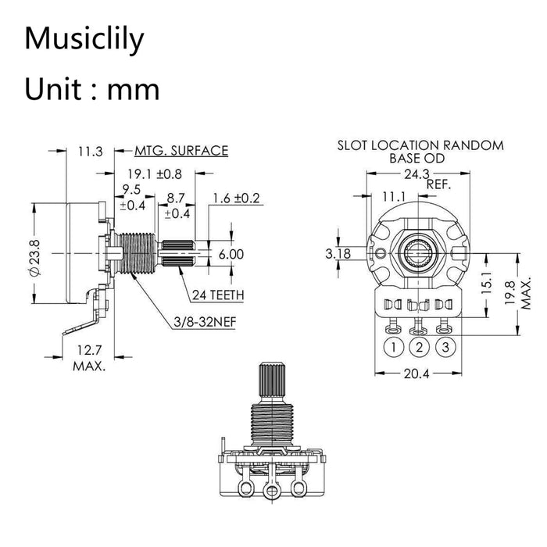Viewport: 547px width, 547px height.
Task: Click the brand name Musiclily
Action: [84, 39]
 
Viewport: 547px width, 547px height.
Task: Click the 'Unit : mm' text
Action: [91, 89]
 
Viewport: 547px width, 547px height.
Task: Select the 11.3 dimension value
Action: [90, 152]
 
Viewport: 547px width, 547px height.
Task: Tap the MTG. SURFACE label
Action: [181, 151]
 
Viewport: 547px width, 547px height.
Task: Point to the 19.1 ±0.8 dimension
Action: [153, 173]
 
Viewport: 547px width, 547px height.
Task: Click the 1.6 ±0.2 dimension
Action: [236, 198]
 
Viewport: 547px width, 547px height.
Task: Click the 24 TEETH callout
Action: [219, 295]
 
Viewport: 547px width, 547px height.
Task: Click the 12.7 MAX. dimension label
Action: [89, 359]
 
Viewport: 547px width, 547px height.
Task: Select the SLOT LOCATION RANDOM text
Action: [420, 145]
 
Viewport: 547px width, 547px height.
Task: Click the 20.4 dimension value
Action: [416, 373]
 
